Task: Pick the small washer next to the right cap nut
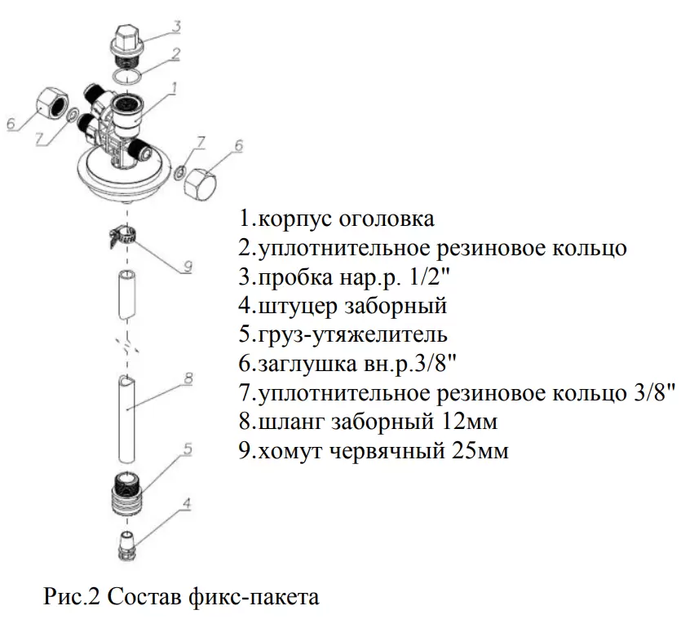pos(178,172)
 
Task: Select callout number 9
pos(186,266)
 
